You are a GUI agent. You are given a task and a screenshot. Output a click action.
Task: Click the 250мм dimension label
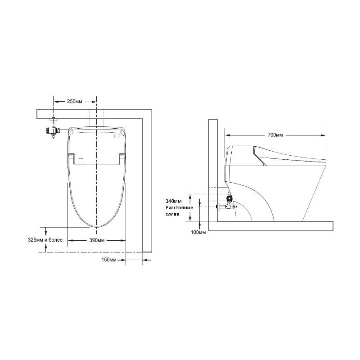click(74, 102)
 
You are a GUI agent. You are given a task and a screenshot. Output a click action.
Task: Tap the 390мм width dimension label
click(97, 240)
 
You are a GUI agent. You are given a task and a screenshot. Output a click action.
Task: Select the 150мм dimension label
click(109, 260)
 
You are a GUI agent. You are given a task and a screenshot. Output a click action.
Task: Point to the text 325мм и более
click(45, 240)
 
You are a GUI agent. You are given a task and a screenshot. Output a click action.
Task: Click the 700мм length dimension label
click(275, 135)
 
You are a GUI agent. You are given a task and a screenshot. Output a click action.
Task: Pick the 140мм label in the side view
click(174, 201)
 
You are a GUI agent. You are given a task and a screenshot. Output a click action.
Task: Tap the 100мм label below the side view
click(198, 232)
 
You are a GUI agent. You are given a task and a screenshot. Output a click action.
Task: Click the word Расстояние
click(179, 207)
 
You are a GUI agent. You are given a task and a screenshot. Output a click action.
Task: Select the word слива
click(172, 214)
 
